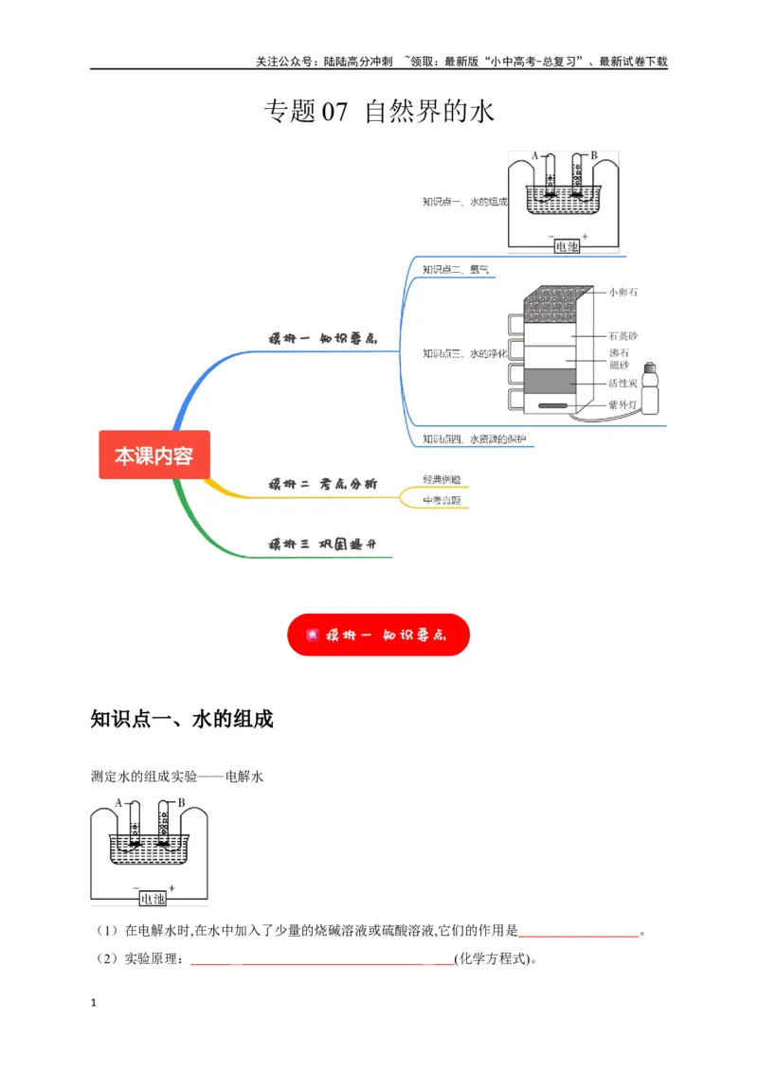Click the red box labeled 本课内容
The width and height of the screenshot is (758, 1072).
click(153, 456)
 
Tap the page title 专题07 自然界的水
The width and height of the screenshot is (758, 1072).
click(378, 113)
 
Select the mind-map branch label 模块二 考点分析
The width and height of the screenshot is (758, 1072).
click(322, 484)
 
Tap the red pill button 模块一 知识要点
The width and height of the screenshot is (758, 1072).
click(378, 635)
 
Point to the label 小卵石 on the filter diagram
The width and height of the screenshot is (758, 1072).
click(623, 293)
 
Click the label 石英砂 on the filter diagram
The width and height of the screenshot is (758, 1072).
click(623, 335)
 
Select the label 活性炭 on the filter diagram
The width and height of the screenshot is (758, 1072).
click(623, 384)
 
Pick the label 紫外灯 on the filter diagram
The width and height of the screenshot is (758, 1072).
click(623, 404)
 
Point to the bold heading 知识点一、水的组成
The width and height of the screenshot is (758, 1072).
click(181, 720)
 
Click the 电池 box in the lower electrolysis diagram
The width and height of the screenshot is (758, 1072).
click(152, 898)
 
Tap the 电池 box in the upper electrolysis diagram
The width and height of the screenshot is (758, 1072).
click(567, 246)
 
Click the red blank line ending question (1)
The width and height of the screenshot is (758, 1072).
click(579, 933)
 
